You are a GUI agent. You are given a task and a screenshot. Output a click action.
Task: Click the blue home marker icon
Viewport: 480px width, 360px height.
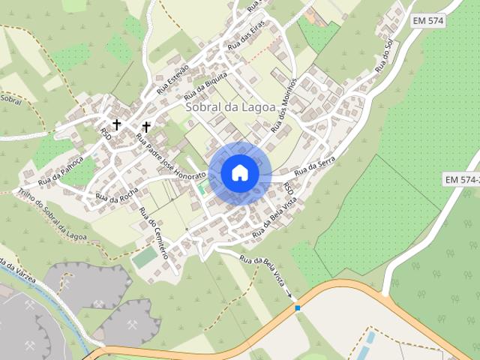click(239, 173)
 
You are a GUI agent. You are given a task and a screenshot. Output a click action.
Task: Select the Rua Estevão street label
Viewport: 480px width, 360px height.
click(173, 79)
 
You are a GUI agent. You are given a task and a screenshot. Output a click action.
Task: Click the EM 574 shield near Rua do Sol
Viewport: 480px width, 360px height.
click(428, 21)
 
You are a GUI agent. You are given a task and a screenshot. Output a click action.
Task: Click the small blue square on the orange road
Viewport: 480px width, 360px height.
click(298, 307)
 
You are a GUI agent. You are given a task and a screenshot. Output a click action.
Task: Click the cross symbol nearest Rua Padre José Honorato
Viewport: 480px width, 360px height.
click(145, 127)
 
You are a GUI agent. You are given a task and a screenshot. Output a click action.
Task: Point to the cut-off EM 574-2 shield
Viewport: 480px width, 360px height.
click(461, 180)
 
